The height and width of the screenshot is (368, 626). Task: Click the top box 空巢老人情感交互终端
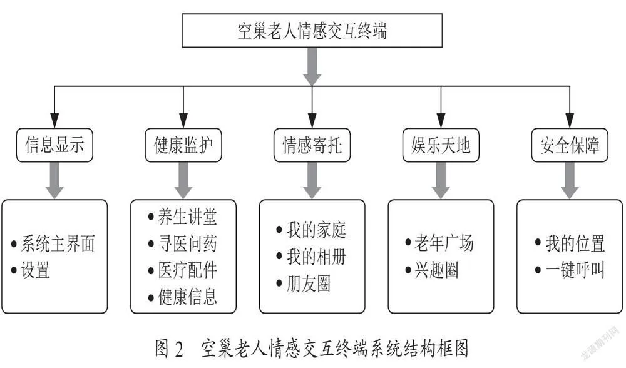pyautogui.click(x=312, y=31)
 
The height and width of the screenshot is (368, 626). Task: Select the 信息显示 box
pyautogui.click(x=54, y=145)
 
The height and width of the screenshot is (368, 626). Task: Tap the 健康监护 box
pyautogui.click(x=183, y=145)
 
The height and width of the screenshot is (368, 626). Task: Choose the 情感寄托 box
pyautogui.click(x=312, y=145)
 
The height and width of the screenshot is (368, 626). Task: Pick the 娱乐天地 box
pyautogui.click(x=441, y=145)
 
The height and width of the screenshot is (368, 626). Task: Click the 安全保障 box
pyautogui.click(x=570, y=145)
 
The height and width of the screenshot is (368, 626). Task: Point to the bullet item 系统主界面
pyautogui.click(x=53, y=243)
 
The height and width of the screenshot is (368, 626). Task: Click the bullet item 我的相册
pyautogui.click(x=311, y=257)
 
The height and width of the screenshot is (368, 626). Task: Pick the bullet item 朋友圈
pyautogui.click(x=304, y=284)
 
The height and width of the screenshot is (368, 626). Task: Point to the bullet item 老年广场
pyautogui.click(x=439, y=243)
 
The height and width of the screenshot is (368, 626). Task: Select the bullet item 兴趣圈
pyautogui.click(x=431, y=270)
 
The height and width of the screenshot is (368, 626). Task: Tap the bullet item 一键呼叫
pyautogui.click(x=570, y=270)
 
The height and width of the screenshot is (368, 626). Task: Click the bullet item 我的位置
pyautogui.click(x=570, y=243)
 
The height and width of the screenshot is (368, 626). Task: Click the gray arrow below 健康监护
pyautogui.click(x=183, y=180)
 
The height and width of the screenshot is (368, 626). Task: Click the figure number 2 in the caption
pyautogui.click(x=178, y=349)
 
